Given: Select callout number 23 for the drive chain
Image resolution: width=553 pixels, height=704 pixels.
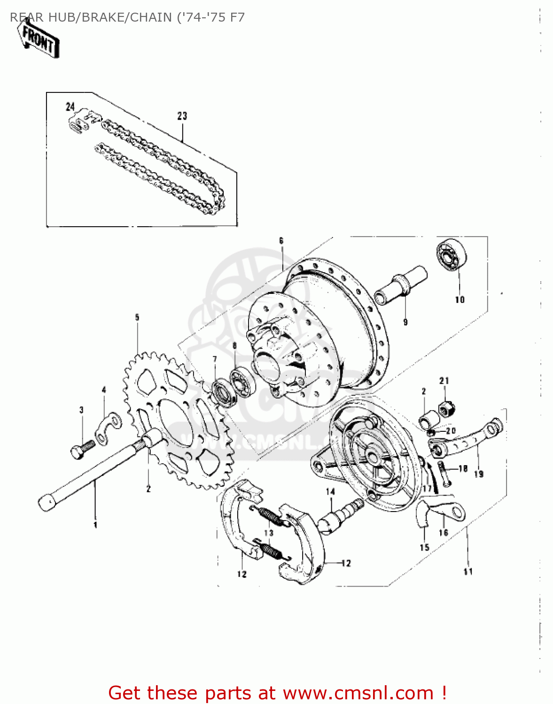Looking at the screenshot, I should pyautogui.click(x=182, y=115).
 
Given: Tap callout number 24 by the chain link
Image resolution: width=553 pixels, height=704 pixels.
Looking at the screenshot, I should pyautogui.click(x=70, y=107).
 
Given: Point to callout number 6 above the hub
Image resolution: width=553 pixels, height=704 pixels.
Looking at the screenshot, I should pyautogui.click(x=281, y=241).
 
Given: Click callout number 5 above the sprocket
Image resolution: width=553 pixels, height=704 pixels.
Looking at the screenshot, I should pyautogui.click(x=137, y=318).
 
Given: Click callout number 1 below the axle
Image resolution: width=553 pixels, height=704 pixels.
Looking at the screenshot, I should pyautogui.click(x=95, y=525).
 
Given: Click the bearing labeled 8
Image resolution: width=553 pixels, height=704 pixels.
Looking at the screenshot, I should pyautogui.click(x=241, y=383).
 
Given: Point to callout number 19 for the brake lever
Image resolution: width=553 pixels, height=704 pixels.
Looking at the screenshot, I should pyautogui.click(x=478, y=474).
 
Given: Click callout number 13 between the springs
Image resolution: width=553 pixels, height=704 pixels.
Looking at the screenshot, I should pyautogui.click(x=269, y=533).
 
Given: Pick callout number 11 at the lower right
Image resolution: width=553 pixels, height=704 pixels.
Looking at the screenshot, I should pyautogui.click(x=468, y=571).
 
